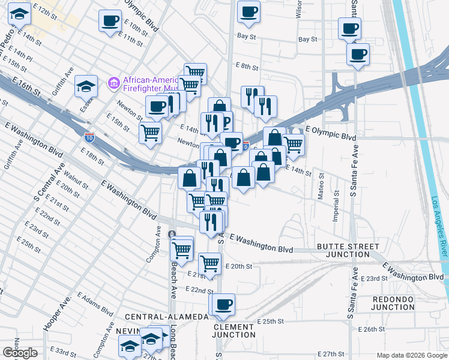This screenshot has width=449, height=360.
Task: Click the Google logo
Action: coord(20,353)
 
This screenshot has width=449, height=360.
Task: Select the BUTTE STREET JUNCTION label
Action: coord(348,250)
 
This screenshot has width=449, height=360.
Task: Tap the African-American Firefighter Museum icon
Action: coord(113,82)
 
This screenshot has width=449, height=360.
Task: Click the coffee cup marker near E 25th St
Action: coord(224,304)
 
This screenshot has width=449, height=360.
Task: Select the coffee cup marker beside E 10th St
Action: coord(110,20)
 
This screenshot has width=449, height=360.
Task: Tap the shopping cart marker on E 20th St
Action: coord(209,263)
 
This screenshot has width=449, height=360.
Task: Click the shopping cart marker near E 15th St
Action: coord(150,131)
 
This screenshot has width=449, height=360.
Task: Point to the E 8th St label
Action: coord(246,67)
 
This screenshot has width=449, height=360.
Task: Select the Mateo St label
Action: coord(321,186)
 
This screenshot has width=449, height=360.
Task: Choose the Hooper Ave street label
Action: coord(58,312)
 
